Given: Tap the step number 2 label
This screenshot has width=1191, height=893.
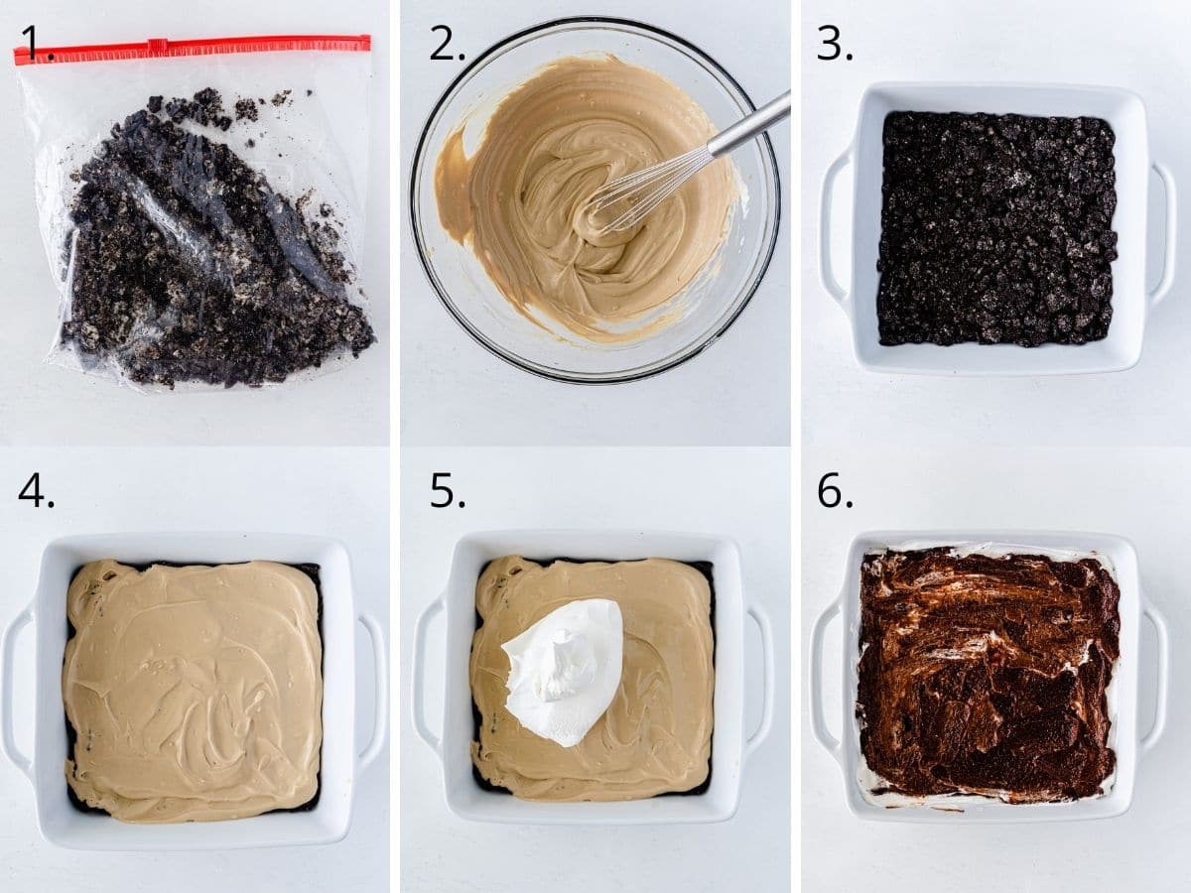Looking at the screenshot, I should pos(447,44).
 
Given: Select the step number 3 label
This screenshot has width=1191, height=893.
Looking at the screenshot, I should pos(834,44).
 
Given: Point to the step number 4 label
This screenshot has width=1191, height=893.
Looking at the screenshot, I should pos(36,490).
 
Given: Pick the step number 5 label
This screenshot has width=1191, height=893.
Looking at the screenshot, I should pos(447,490).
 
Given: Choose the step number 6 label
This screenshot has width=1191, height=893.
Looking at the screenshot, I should pos(834,490).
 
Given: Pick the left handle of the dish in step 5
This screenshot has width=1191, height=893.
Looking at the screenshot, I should pos(427,675).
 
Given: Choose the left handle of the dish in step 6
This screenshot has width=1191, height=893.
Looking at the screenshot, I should pos(826,675).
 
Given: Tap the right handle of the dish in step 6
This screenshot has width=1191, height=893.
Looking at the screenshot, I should pos(1154,675).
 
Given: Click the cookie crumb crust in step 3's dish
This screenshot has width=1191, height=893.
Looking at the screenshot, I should pos(996,228).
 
